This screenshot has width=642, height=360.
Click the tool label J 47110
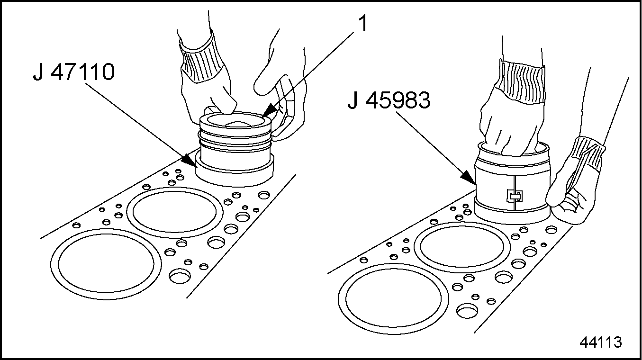pos(74,72)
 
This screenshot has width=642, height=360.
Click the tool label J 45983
pos(389,100)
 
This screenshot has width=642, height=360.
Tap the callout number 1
pos(363,24)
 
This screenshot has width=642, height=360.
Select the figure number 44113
pos(601,342)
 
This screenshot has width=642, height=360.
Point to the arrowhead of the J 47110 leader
pos(190,161)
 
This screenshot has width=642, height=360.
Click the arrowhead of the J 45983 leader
pos(468,178)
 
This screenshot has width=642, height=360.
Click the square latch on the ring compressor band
pos(515,196)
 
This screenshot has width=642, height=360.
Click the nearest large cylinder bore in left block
pos(106,264)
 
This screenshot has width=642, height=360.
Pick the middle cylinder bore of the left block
pos(175,212)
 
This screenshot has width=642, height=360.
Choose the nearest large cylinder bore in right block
pos(393,299)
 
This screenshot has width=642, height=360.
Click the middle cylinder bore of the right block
pos(462,247)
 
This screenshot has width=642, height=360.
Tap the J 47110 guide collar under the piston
pos(235,171)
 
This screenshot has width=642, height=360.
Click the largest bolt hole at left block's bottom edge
pos(180,276)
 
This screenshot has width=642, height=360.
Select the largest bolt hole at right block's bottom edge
pos(467,311)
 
